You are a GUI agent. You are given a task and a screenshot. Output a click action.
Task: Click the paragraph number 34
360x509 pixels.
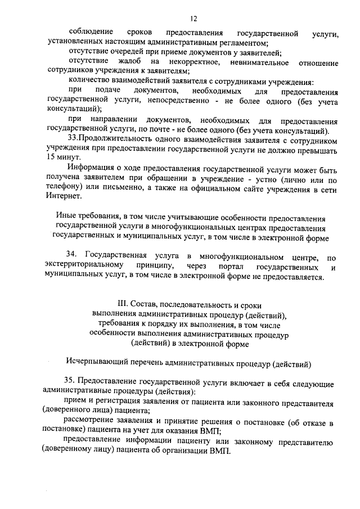[x=71, y=257]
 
